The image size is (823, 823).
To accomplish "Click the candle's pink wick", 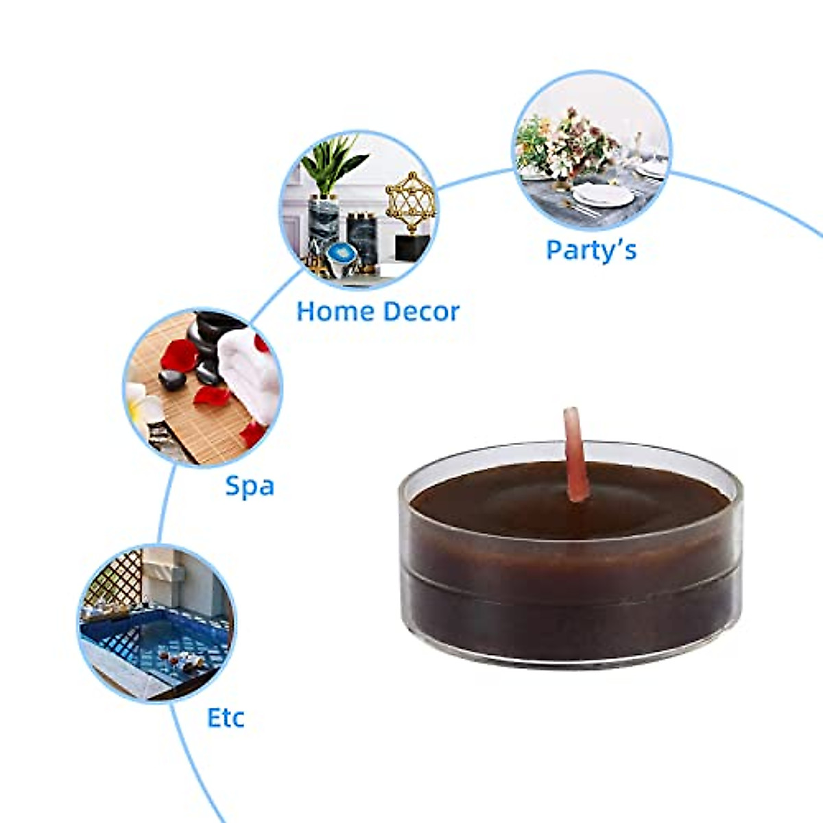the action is click(x=574, y=453).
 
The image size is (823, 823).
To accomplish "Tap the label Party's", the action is click(x=591, y=250).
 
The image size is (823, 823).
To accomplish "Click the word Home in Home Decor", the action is click(x=335, y=311).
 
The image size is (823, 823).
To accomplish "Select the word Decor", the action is click(x=420, y=311).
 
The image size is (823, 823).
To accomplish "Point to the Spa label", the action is click(x=250, y=487).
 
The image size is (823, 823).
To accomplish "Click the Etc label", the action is click(x=226, y=718).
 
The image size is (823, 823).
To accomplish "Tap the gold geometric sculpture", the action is click(x=410, y=202).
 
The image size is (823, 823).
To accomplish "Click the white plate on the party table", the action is click(x=604, y=195).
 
